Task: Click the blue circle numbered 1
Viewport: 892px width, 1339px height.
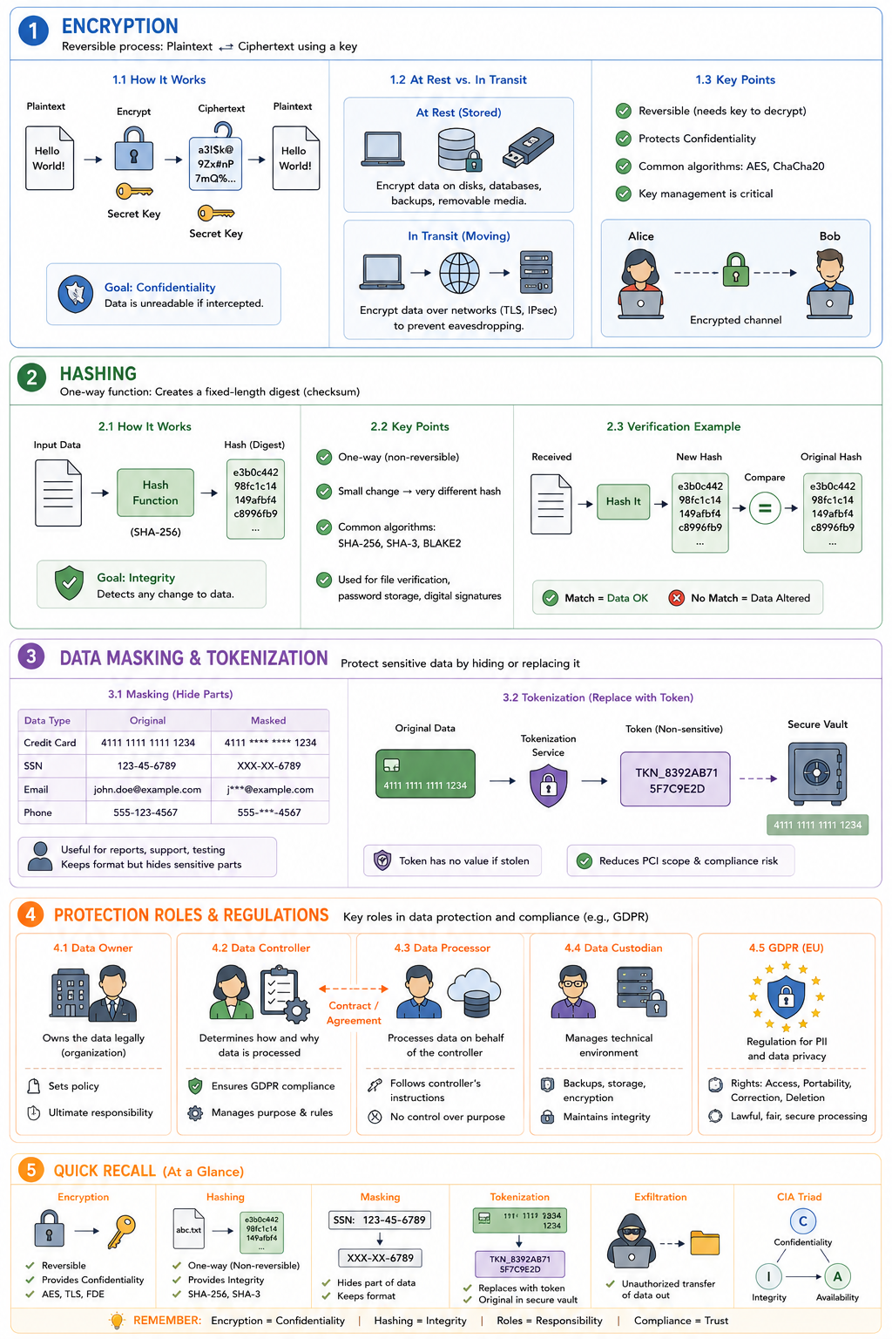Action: click(33, 31)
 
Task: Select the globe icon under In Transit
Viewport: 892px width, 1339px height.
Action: click(459, 273)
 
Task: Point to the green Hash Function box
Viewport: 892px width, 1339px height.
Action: click(155, 493)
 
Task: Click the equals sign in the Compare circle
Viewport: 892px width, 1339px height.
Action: click(765, 508)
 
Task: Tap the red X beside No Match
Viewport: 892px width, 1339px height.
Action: click(676, 598)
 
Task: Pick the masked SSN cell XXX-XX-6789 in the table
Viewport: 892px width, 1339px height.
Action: click(269, 765)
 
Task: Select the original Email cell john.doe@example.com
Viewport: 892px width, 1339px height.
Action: click(147, 790)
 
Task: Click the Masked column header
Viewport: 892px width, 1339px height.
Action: click(268, 720)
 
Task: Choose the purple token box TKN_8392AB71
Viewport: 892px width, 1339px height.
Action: click(676, 779)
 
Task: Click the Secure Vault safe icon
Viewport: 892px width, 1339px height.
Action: click(817, 774)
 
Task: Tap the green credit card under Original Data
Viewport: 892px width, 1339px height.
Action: click(425, 773)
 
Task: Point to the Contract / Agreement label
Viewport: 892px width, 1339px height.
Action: click(354, 1013)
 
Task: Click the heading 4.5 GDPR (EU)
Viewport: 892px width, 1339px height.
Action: click(787, 948)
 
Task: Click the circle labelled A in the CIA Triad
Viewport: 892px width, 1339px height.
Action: click(838, 1276)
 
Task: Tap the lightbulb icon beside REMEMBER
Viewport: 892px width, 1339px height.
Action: click(117, 1320)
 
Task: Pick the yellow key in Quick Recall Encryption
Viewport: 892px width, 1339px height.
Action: click(123, 1230)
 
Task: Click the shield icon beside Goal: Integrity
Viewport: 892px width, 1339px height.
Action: click(70, 583)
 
